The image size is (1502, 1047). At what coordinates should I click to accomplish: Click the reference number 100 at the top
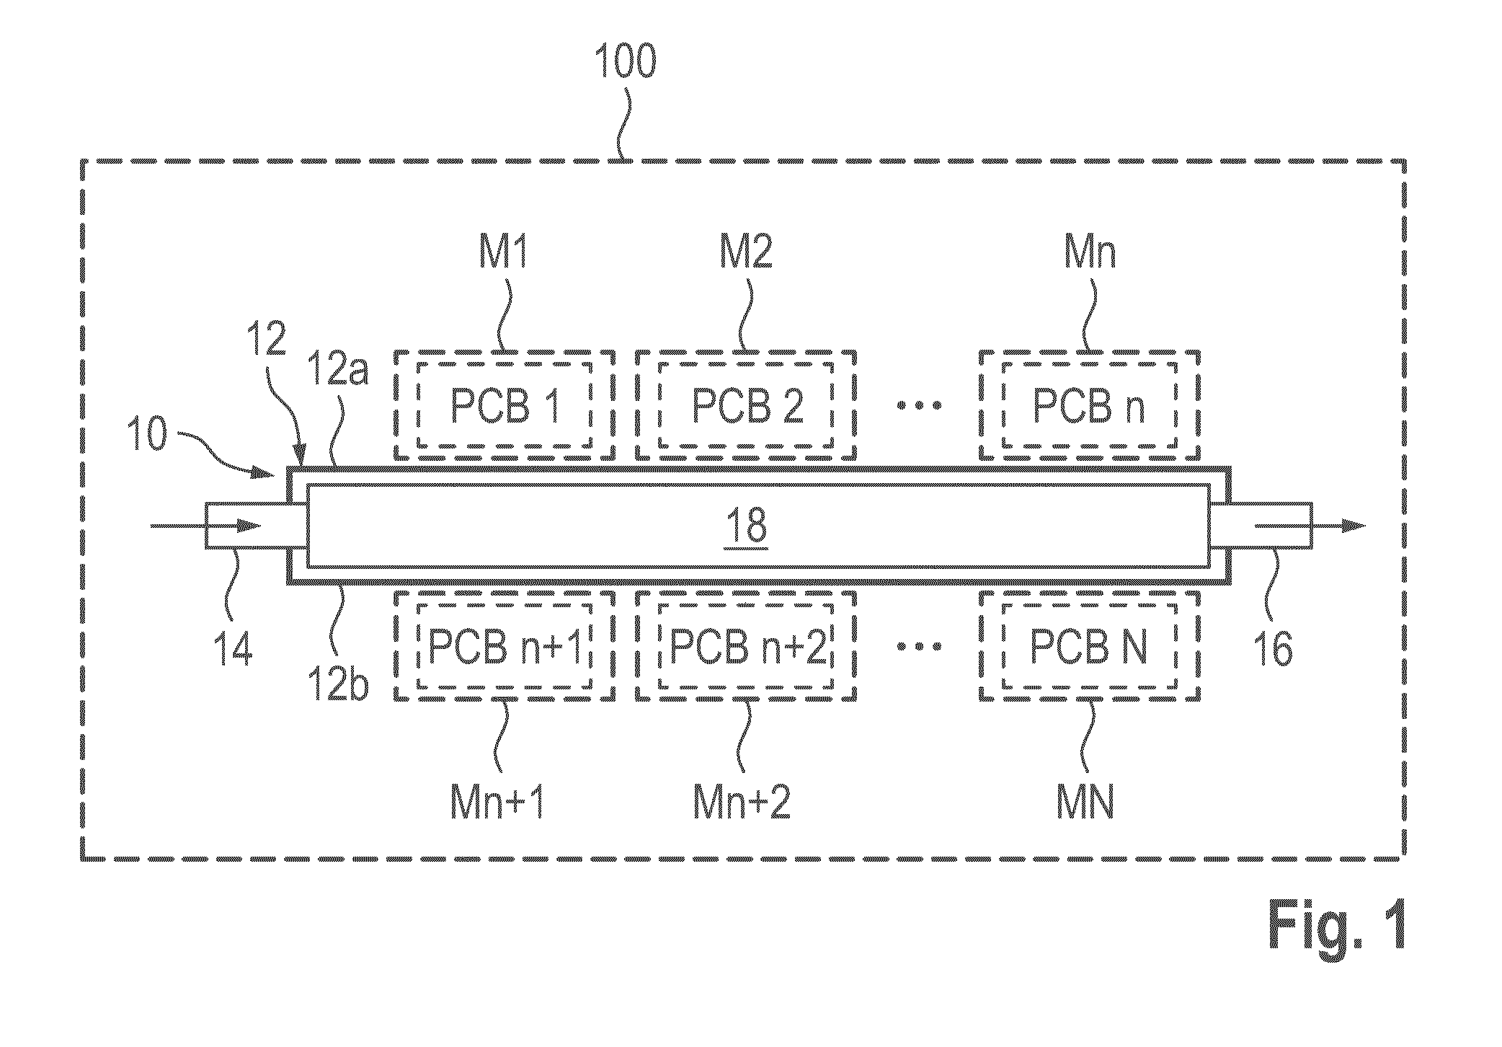(626, 61)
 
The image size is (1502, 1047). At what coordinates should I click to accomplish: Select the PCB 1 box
(505, 405)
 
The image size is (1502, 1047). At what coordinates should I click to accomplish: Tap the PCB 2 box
(746, 405)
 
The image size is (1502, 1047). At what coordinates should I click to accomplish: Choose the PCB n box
(1089, 405)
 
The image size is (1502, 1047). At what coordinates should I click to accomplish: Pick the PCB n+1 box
(505, 646)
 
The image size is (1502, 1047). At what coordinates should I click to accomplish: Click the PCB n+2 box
(746, 646)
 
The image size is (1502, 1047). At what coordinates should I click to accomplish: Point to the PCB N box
(1089, 646)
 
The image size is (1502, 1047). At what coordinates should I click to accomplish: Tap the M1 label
(504, 252)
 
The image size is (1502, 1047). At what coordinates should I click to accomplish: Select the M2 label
(747, 252)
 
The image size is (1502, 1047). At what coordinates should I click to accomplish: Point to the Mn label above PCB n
(1090, 252)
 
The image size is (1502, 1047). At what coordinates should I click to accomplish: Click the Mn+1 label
(497, 801)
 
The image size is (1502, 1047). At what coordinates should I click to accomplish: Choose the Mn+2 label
(742, 801)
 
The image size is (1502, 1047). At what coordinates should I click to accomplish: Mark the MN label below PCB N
(1085, 801)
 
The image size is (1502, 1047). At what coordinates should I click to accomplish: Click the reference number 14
(234, 648)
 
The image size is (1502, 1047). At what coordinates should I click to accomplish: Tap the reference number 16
(1273, 648)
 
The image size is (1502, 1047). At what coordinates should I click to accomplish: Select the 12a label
(338, 368)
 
